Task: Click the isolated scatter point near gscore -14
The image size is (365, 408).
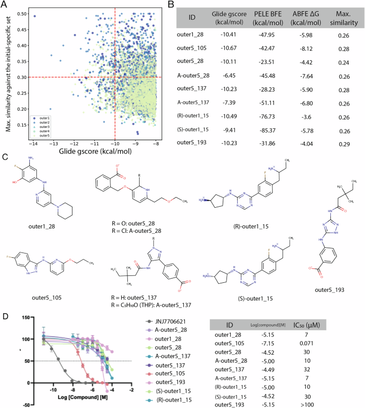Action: coord(35,17)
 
